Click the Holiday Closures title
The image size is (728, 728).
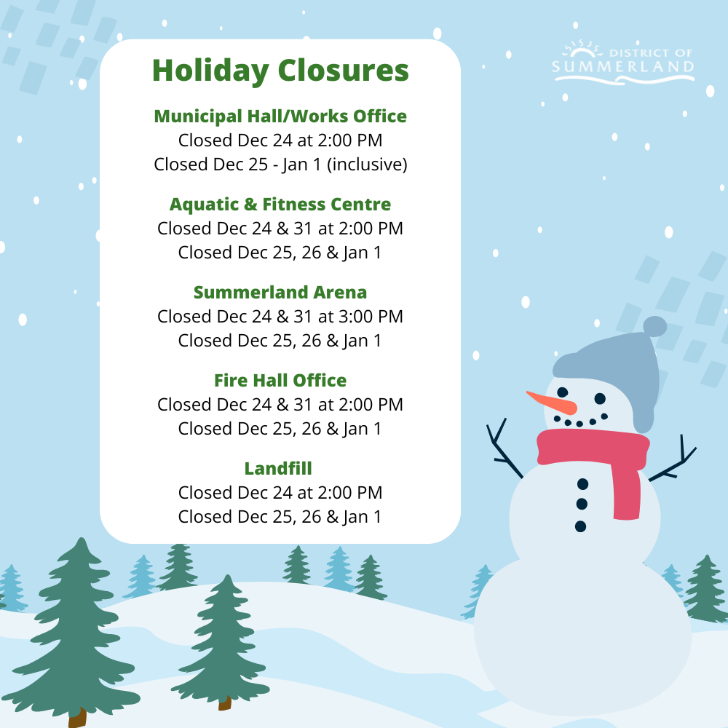coord(280,71)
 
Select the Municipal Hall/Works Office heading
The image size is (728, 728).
coord(280,116)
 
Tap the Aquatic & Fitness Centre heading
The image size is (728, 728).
coord(280,205)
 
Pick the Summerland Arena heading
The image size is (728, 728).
coord(280,293)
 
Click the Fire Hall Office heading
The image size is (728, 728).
coord(280,380)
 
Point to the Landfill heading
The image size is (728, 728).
coord(278,468)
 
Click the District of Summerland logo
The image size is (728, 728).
coord(623,62)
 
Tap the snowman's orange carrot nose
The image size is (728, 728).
coord(552,403)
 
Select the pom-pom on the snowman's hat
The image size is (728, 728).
coord(654,326)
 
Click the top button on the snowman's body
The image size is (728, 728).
coord(582,484)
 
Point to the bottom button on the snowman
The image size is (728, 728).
coord(580,526)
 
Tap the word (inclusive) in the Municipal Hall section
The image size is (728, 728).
coord(367,165)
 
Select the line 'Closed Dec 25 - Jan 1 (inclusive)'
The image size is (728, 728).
coord(280,165)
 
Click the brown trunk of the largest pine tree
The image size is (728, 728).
coord(77,717)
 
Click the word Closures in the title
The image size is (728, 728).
coord(344,71)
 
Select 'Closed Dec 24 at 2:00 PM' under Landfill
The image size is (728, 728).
coord(280,493)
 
